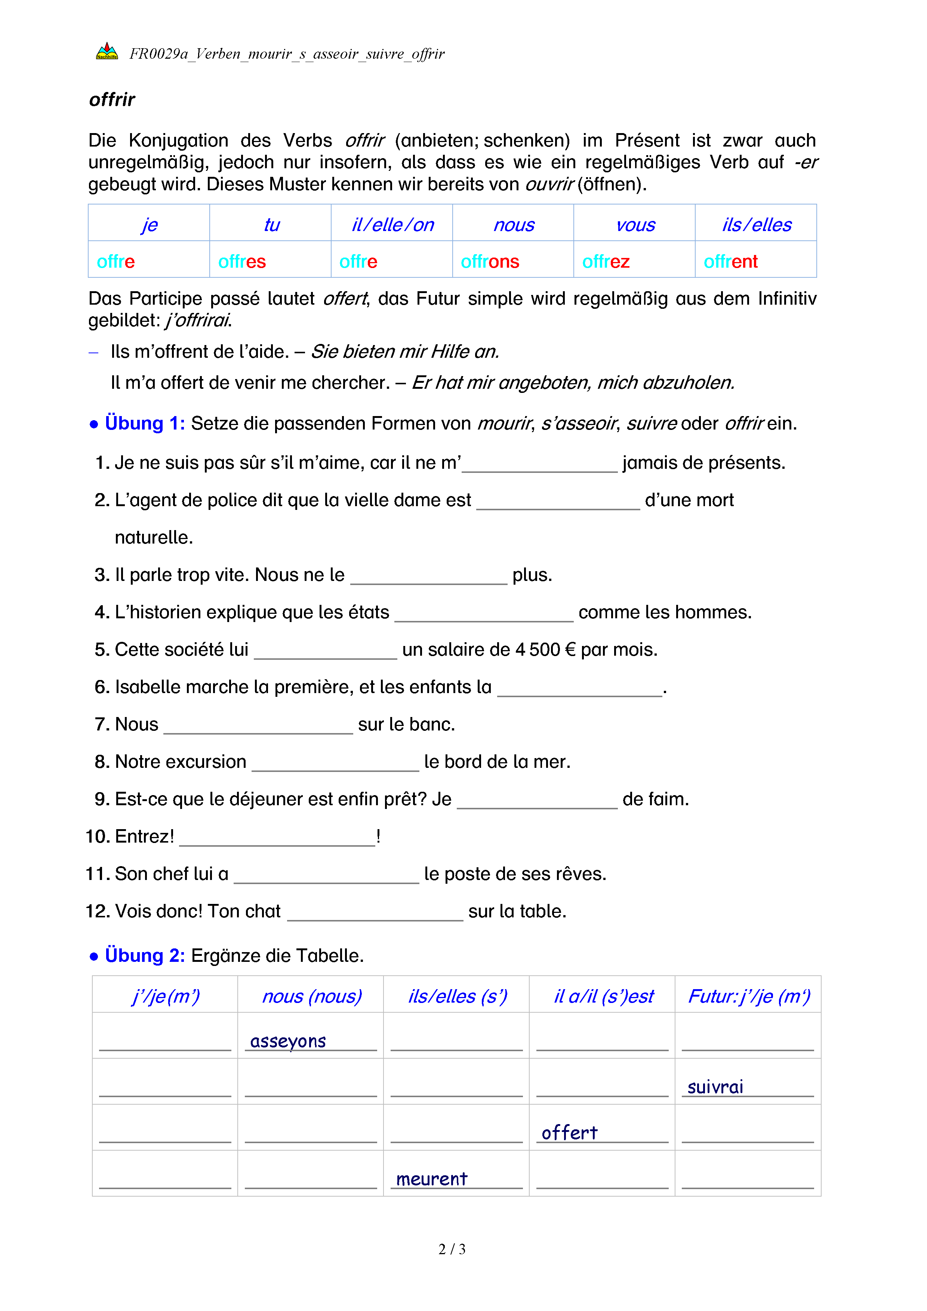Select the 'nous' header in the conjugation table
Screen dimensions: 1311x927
click(514, 225)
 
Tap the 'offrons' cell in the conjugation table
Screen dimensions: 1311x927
click(490, 262)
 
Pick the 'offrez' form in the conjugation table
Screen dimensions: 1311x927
click(606, 262)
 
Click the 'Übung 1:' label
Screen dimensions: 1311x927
click(144, 423)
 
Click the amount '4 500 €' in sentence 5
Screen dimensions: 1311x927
click(545, 650)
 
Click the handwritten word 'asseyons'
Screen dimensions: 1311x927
click(288, 1041)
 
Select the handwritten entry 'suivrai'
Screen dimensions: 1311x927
click(715, 1087)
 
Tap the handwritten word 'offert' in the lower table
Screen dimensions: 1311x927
click(569, 1132)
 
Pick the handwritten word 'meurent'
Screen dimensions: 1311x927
click(431, 1179)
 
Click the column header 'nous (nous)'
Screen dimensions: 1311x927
click(312, 996)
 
